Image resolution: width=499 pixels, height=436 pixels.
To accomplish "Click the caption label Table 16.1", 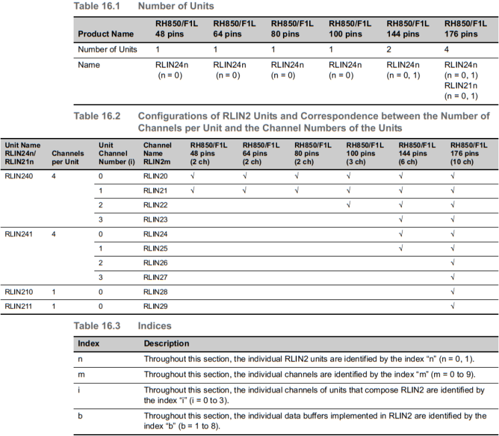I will tap(96, 6).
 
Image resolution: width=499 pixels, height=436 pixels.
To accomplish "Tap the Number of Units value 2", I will tap(389, 50).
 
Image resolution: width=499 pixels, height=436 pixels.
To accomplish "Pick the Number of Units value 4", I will tap(447, 50).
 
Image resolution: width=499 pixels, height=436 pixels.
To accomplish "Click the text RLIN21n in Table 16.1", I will tap(461, 85).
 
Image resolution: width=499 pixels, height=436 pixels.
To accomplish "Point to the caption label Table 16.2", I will tap(96, 116).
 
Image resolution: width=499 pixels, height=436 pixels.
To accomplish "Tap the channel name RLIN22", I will tap(155, 204).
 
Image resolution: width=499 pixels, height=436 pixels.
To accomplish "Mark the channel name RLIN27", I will tap(155, 277).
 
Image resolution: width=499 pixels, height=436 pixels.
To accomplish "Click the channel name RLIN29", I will tap(155, 306).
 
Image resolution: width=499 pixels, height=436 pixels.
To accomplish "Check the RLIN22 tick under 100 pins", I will tap(348, 204).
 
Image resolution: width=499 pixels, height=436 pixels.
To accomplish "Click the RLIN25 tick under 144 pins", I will tap(401, 248).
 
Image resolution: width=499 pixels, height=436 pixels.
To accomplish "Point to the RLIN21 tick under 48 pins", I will tap(193, 190).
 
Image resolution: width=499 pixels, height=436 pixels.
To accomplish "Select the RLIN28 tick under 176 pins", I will tap(453, 291).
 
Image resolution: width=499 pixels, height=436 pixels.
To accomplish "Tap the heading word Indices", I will tap(155, 325).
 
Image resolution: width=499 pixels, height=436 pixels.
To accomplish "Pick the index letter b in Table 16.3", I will tap(80, 416).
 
